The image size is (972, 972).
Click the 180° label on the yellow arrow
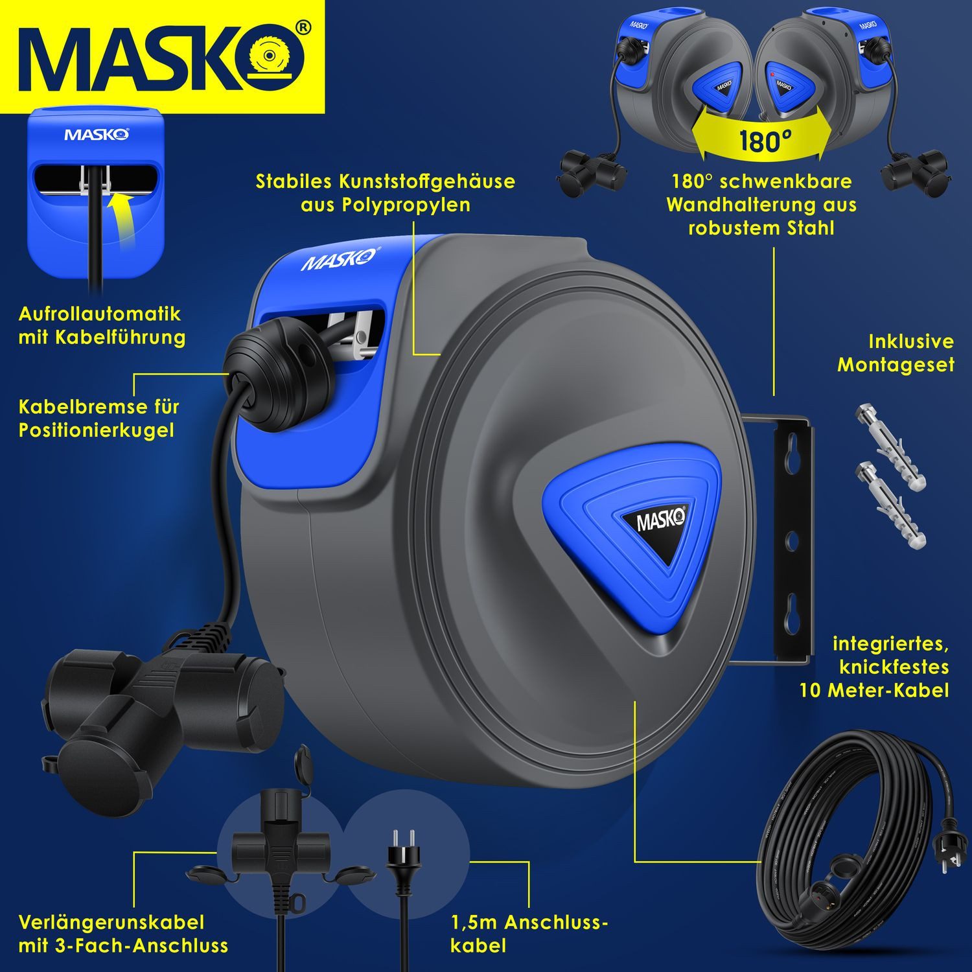(x=765, y=141)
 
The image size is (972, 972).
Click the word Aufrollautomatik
(x=99, y=314)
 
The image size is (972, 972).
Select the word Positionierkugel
(x=96, y=430)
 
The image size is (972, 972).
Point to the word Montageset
(x=896, y=365)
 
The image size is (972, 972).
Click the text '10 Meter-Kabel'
(x=874, y=690)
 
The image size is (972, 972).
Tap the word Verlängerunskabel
(x=111, y=922)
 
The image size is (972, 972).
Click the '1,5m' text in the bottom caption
(x=474, y=922)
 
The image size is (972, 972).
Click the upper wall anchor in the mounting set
(x=891, y=446)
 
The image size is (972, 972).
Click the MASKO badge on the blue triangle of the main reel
(x=660, y=520)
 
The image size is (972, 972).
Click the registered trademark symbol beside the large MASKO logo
(x=302, y=27)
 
